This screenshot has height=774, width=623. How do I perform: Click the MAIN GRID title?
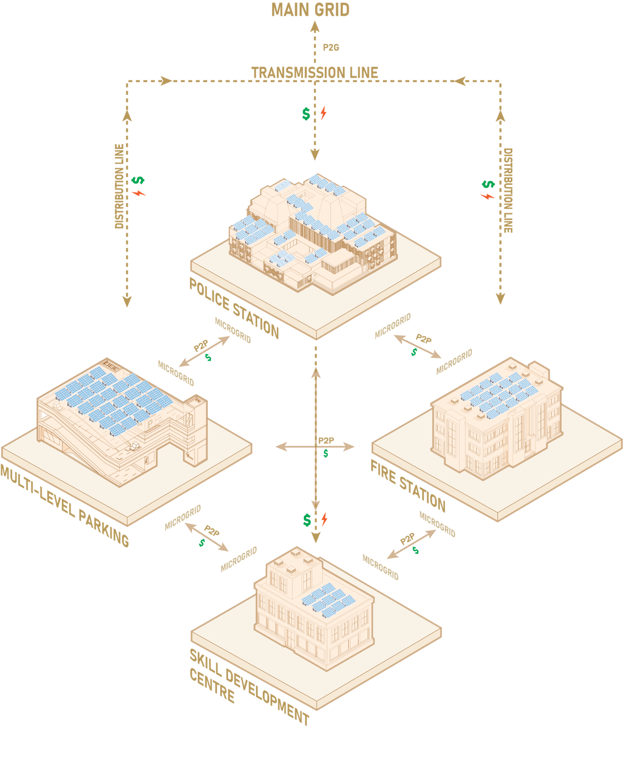pos(310,10)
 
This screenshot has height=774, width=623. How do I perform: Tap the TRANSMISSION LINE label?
pos(315,73)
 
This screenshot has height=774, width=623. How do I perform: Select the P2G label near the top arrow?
pos(331,47)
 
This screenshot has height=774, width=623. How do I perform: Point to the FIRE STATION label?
pos(408,486)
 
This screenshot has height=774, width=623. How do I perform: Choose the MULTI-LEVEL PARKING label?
pos(64,506)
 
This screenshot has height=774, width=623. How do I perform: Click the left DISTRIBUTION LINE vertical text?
pos(119,186)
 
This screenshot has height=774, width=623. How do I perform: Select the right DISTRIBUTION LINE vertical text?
pos(508,190)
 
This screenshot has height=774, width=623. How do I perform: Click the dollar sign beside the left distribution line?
pos(138,180)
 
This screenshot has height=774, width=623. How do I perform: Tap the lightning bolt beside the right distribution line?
pos(487,196)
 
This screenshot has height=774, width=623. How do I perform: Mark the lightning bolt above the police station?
pos(323,113)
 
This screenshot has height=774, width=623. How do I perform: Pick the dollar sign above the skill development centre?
pos(307,520)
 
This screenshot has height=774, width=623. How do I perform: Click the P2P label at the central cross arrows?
pos(326,441)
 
